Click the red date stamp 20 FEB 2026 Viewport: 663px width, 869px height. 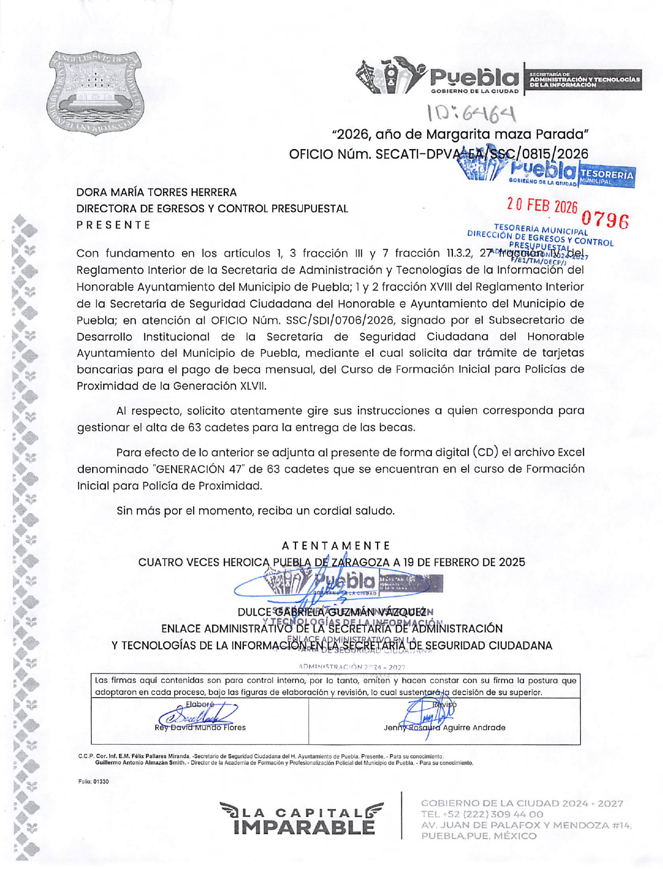tap(542, 206)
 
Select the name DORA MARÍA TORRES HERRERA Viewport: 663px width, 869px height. tap(156, 192)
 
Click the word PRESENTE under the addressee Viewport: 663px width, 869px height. tap(113, 225)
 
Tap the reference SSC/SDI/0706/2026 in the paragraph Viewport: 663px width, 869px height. tap(337, 320)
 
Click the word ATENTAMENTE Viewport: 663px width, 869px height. tap(336, 545)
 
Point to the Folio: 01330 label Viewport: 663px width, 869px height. tap(93, 782)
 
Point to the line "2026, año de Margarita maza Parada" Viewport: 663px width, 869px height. tap(459, 134)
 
